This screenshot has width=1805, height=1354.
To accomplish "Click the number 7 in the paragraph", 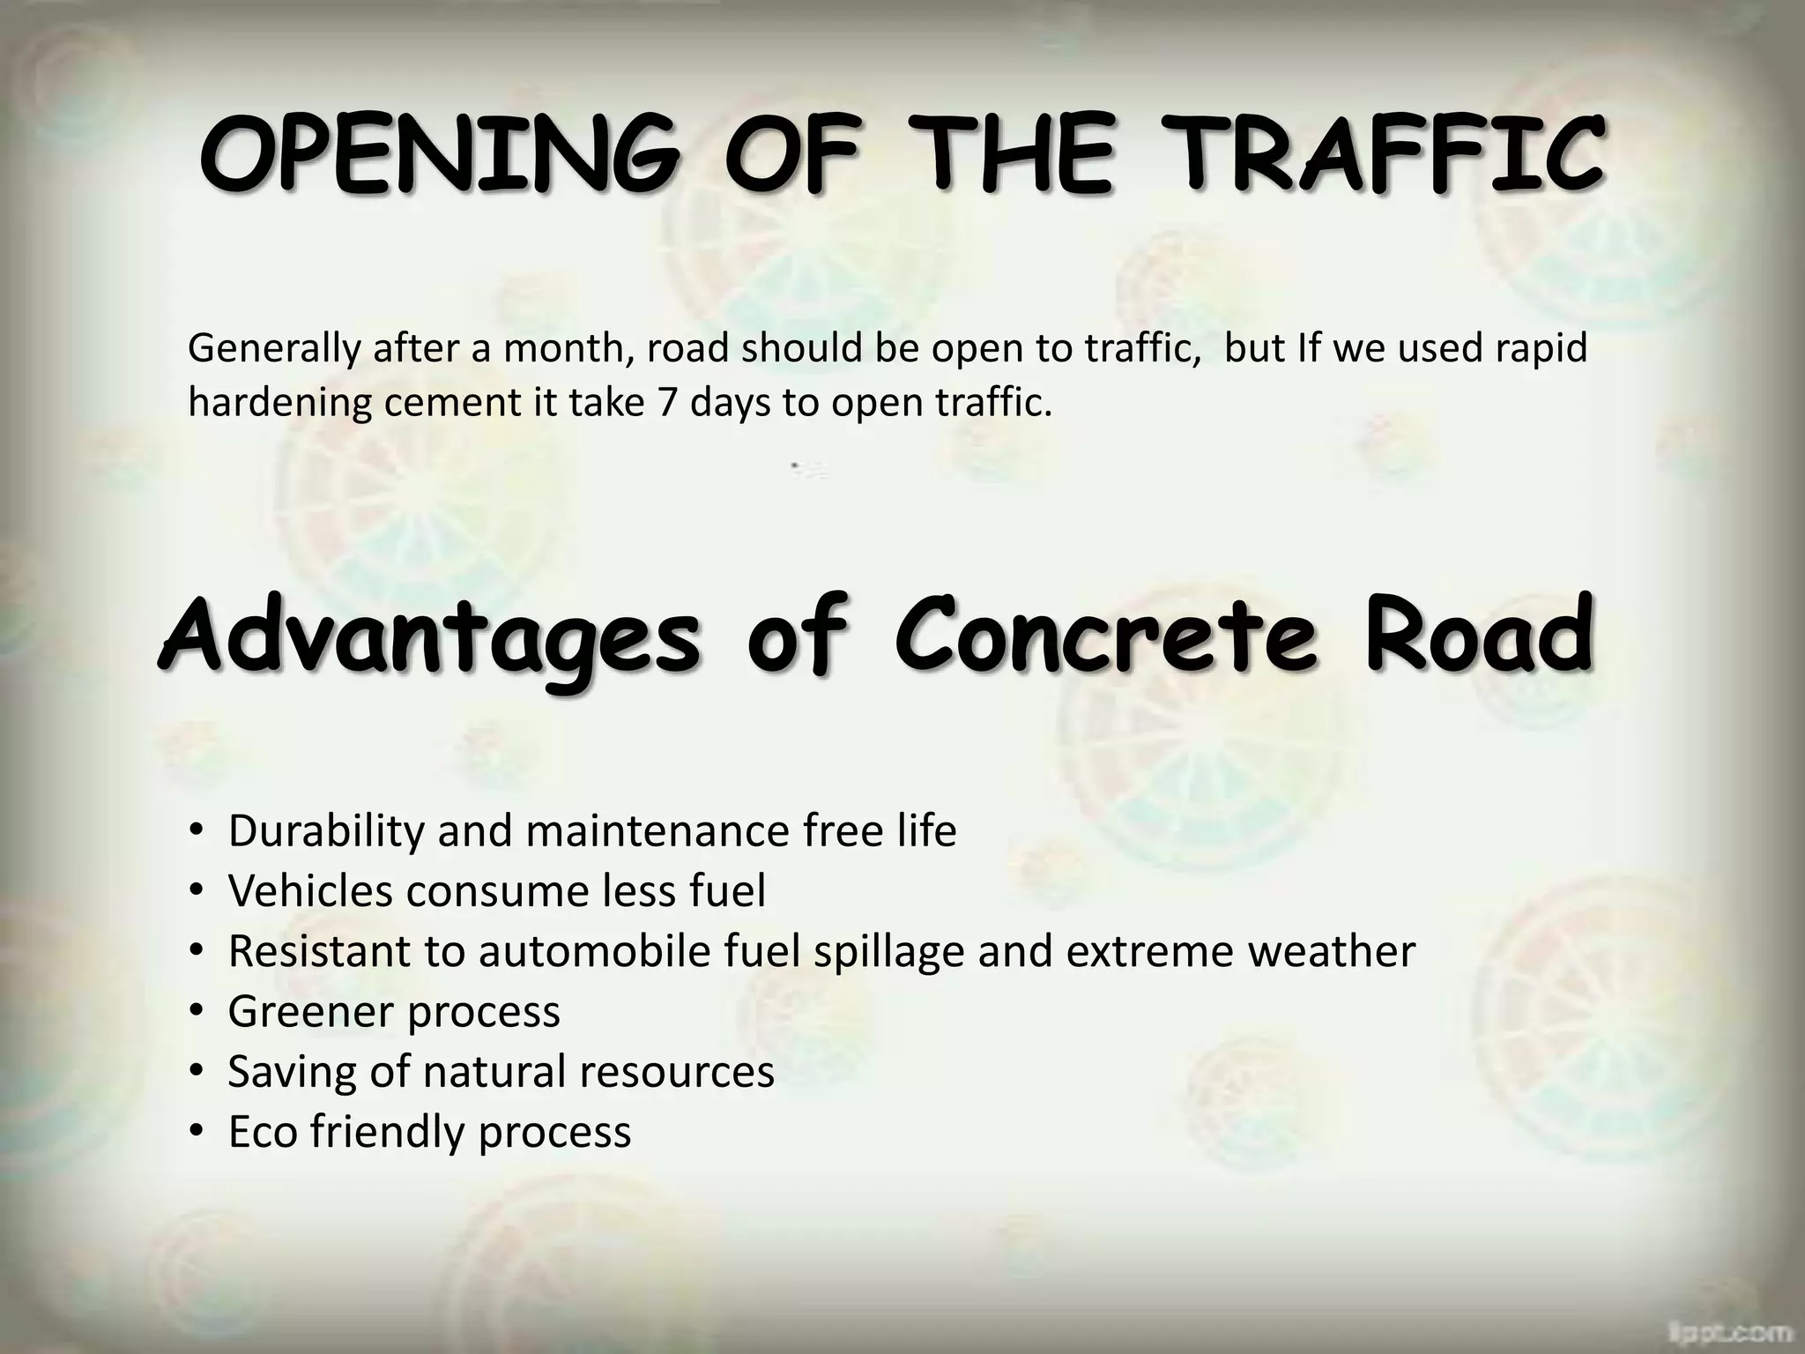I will [x=667, y=403].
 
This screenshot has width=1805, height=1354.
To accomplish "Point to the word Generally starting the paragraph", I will [x=274, y=349].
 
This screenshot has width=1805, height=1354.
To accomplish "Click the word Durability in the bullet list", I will [x=326, y=831].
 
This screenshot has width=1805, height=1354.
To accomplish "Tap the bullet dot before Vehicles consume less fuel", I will [x=197, y=892].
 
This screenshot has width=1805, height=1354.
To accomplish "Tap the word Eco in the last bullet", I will [x=263, y=1132].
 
